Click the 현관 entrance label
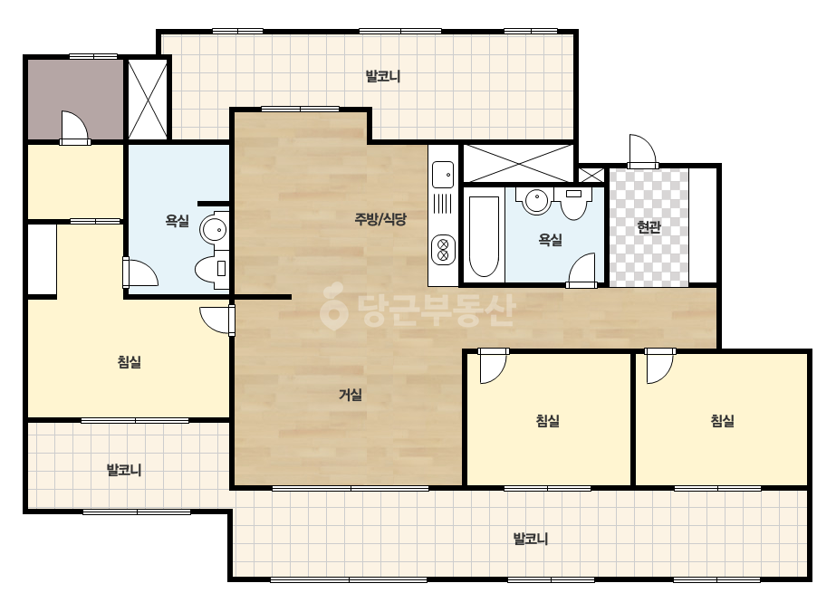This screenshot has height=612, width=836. pyautogui.click(x=649, y=227)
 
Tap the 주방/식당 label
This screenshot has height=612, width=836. pyautogui.click(x=380, y=218)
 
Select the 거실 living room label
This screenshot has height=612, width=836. pyautogui.click(x=351, y=395)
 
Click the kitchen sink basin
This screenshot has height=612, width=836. pyautogui.click(x=443, y=175)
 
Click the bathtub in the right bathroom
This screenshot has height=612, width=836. pyautogui.click(x=484, y=236)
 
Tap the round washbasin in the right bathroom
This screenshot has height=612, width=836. pyautogui.click(x=535, y=201)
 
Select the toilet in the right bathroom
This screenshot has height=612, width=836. pyautogui.click(x=573, y=203)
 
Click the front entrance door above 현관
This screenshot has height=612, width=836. pyautogui.click(x=642, y=151)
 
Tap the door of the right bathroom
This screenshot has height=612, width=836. pyautogui.click(x=581, y=271)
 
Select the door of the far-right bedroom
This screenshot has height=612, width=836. pyautogui.click(x=660, y=367)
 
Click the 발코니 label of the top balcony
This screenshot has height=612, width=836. pyautogui.click(x=383, y=76)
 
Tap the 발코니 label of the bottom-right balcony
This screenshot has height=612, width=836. pyautogui.click(x=531, y=539)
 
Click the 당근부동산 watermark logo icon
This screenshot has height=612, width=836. pyautogui.click(x=333, y=306)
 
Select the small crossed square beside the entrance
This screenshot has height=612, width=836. pyautogui.click(x=591, y=176)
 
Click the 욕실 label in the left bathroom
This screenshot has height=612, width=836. pyautogui.click(x=177, y=221)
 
